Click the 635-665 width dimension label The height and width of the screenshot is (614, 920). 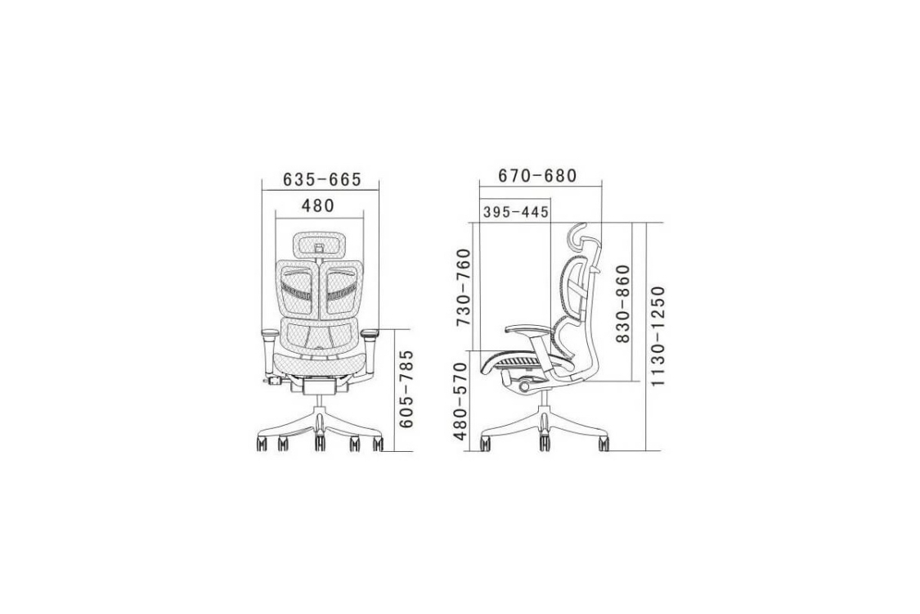(322, 178)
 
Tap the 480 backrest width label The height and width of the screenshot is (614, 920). (318, 205)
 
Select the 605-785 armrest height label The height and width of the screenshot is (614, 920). (406, 389)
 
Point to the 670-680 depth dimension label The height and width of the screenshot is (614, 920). (537, 176)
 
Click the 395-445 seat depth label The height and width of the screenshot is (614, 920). (516, 211)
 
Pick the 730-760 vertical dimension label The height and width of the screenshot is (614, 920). (464, 288)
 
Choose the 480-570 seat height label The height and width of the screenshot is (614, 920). (460, 401)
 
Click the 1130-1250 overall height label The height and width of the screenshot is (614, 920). (659, 336)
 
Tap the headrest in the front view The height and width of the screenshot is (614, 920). (319, 245)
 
